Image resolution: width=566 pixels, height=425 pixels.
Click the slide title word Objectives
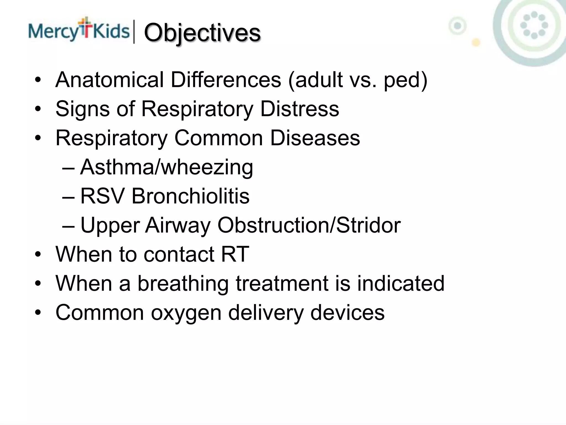pos(202,33)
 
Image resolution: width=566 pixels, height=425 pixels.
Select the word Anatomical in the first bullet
pos(110,80)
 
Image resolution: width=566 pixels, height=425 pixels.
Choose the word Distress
pos(300,109)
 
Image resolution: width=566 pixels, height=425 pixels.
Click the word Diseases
pos(315,138)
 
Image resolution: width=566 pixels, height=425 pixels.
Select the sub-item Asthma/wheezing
pos(166,167)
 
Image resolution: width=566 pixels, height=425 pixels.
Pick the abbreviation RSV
pos(102,196)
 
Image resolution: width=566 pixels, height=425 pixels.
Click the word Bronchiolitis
pos(190,196)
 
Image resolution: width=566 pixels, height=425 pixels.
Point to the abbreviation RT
pos(235,254)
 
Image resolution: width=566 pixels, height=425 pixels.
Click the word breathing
pos(183,284)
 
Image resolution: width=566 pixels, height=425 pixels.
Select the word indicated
pos(400,284)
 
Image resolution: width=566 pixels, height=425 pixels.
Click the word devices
pos(347,313)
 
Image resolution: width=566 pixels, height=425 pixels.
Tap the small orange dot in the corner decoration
pos(476,43)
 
